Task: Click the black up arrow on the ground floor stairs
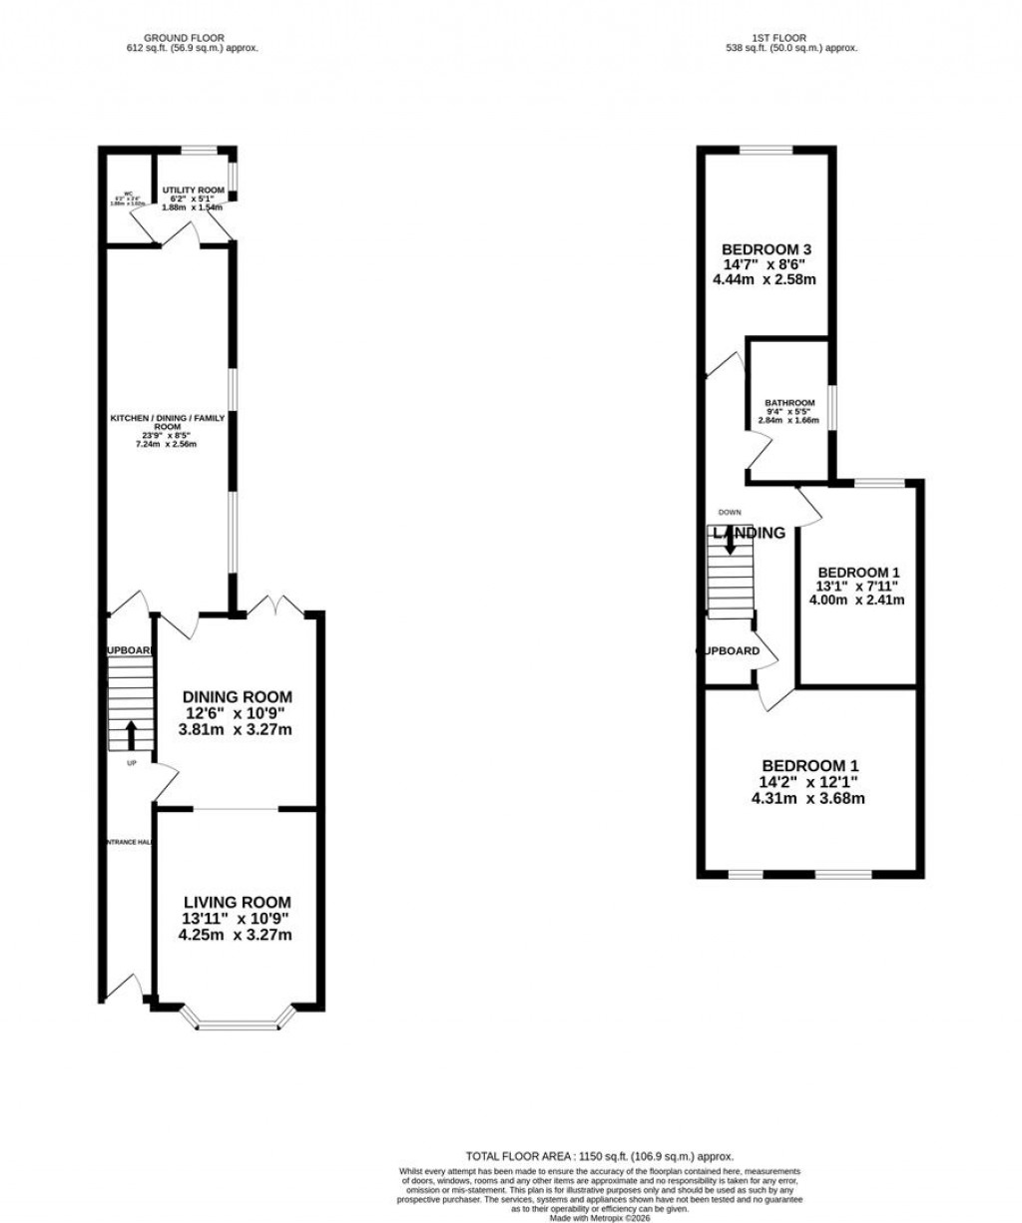click(x=131, y=736)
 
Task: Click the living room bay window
click(x=239, y=1022)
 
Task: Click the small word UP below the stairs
click(x=131, y=764)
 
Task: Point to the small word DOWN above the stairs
click(x=730, y=512)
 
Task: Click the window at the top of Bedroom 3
click(x=766, y=151)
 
